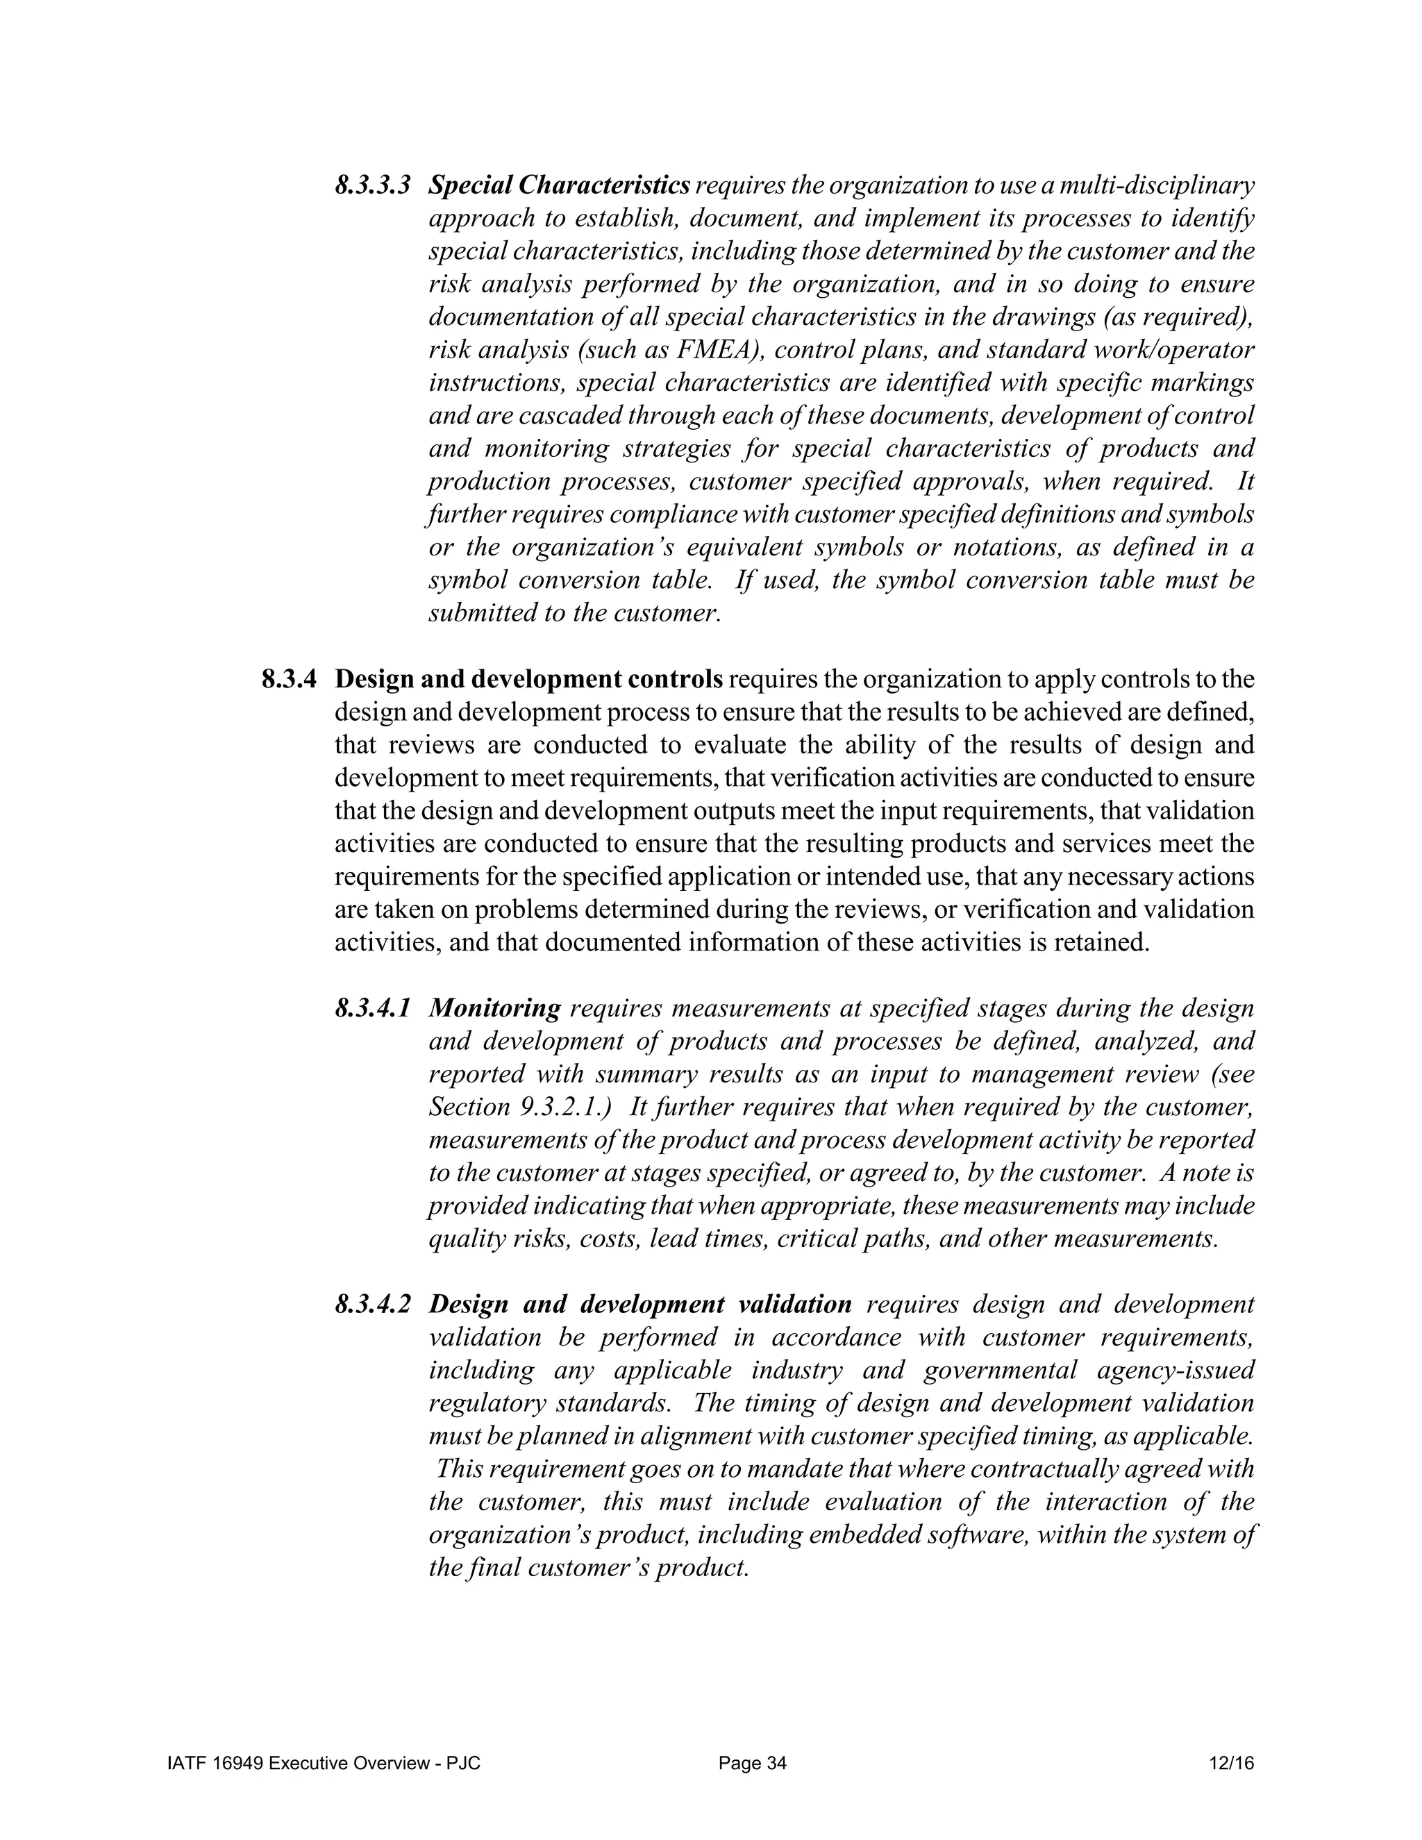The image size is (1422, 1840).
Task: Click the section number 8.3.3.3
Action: (x=372, y=185)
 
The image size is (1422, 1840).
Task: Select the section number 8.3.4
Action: (x=290, y=679)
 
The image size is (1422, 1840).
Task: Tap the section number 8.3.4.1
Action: (x=372, y=1008)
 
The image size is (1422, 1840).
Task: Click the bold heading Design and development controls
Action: (x=529, y=679)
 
